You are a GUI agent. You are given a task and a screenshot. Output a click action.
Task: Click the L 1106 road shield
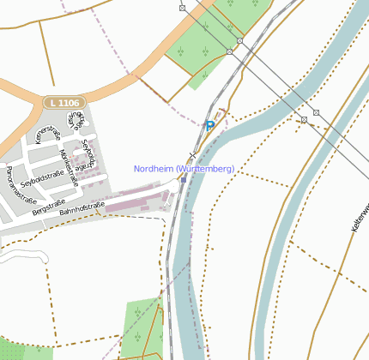coord(64,103)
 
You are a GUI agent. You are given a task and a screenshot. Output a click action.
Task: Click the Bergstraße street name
coord(48,206)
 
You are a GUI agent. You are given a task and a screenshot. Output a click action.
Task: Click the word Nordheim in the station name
coord(154,169)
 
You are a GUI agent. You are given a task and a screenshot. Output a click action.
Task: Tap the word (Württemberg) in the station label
coord(205,169)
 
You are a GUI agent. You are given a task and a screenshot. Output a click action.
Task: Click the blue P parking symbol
coord(209,125)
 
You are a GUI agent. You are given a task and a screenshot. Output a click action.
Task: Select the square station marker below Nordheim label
coord(183,180)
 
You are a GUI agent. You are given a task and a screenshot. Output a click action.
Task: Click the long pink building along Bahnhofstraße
coord(137,203)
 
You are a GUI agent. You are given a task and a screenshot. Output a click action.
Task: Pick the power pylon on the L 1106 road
coord(183,8)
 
